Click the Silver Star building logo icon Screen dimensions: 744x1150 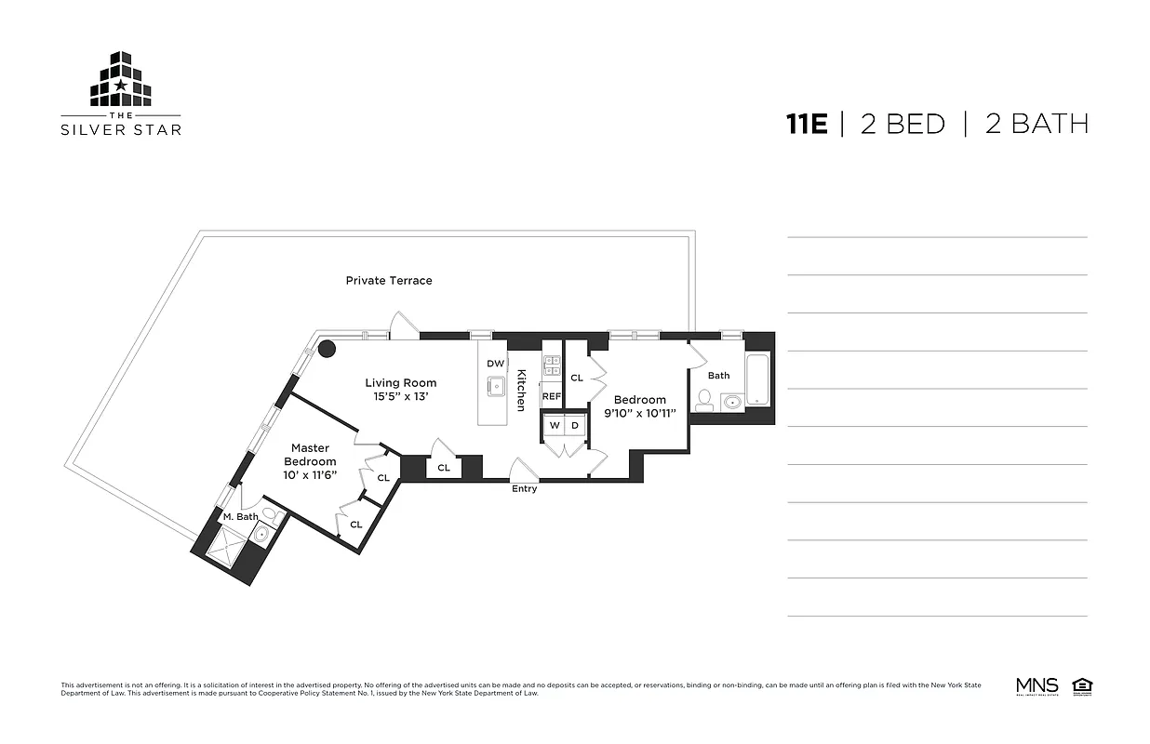click(121, 79)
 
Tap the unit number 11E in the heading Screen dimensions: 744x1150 click(806, 124)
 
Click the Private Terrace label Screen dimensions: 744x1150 click(389, 280)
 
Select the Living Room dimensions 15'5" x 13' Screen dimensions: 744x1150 click(400, 396)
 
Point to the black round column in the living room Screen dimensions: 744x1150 click(327, 349)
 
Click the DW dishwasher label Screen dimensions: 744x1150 click(495, 364)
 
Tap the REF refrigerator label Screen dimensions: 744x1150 click(552, 396)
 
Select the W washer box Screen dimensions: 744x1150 click(555, 425)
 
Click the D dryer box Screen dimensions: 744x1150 click(575, 425)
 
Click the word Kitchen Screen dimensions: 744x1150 click(521, 390)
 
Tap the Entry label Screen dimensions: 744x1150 click(524, 489)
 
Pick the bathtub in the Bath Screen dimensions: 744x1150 click(758, 379)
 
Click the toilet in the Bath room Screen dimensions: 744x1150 click(704, 401)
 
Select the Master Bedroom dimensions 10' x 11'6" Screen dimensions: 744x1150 click(310, 474)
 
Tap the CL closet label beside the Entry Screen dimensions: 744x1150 click(444, 468)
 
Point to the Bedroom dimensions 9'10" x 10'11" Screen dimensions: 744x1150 click(639, 413)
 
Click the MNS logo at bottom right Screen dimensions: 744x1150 click(1036, 686)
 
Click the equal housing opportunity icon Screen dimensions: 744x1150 click(1082, 686)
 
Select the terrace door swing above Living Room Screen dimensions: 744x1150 click(405, 325)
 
